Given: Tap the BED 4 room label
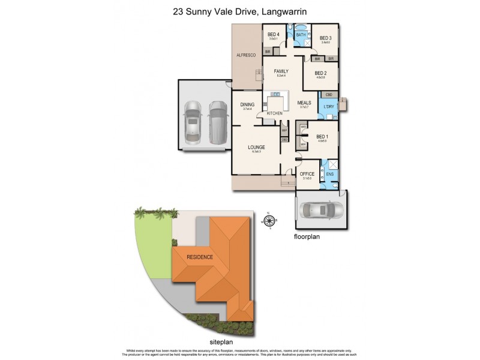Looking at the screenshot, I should pyautogui.click(x=273, y=35).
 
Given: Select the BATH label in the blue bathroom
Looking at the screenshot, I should pyautogui.click(x=301, y=35).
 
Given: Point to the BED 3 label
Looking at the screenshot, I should pyautogui.click(x=326, y=38).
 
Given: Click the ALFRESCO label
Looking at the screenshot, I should pyautogui.click(x=247, y=55).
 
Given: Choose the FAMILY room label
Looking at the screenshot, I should pyautogui.click(x=281, y=71).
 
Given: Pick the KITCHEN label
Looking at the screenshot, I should pyautogui.click(x=274, y=113).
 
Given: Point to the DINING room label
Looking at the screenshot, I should pyautogui.click(x=247, y=104).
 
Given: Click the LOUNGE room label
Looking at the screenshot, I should pyautogui.click(x=257, y=147).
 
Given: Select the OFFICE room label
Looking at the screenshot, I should pyautogui.click(x=307, y=174).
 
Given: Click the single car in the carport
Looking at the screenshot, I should pyautogui.click(x=323, y=211).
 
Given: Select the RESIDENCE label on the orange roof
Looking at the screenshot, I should pyautogui.click(x=200, y=257).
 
